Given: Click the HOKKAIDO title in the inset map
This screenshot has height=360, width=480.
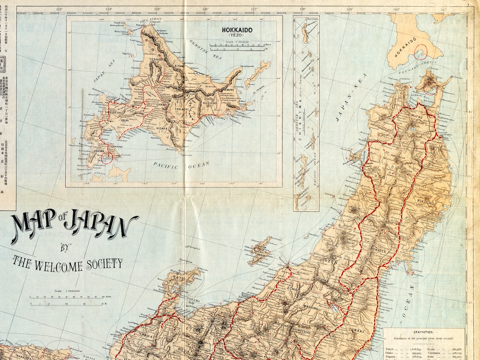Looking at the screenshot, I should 237,30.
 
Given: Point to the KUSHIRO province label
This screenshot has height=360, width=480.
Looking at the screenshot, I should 209,103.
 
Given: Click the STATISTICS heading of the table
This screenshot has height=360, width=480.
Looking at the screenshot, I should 424,332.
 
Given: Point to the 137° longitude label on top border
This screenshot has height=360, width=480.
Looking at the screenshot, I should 254,9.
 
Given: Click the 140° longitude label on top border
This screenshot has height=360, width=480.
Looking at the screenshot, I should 396,9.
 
